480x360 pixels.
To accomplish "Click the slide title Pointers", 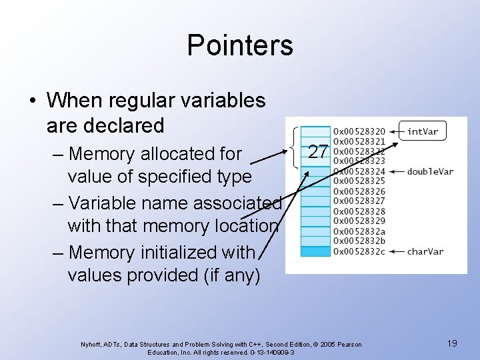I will (x=239, y=45).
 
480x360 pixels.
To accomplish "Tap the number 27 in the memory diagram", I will (x=318, y=151).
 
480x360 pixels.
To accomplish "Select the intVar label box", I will (x=423, y=131).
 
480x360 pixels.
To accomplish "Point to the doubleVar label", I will (x=430, y=171).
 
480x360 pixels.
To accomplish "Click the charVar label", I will (x=426, y=251).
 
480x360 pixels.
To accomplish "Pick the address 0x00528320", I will (x=359, y=131).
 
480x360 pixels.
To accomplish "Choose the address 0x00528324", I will (x=359, y=171).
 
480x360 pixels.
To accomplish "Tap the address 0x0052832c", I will (x=359, y=251).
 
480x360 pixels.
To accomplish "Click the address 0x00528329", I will (x=359, y=221).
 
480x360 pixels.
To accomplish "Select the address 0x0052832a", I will (x=359, y=231).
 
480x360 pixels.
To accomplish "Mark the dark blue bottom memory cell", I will (x=315, y=251).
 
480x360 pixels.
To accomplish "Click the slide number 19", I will (x=452, y=343).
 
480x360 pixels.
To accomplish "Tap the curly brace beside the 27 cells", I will (x=295, y=147).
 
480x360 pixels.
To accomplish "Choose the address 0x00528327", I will (x=359, y=201).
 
